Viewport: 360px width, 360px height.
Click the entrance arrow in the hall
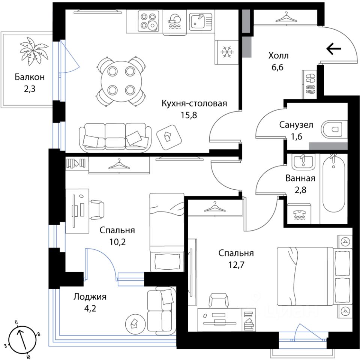coord(334,49)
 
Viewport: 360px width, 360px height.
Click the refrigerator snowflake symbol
coord(226,51)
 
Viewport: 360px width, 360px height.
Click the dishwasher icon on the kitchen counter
coord(174,21)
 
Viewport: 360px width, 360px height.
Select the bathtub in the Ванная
coord(333,187)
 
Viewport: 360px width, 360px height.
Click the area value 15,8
coord(189,114)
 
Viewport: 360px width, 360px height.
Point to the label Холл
coord(278,56)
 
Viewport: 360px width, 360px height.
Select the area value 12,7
coord(236,265)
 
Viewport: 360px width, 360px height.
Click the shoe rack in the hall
coord(310,83)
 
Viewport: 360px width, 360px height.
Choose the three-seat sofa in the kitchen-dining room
coord(115,137)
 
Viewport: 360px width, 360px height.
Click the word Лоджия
coord(90,297)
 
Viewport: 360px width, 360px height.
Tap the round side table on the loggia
coord(133,322)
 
